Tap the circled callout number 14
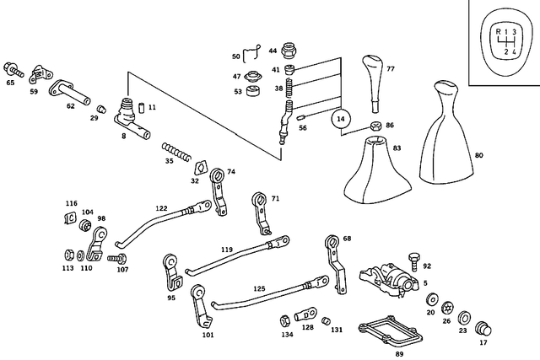click(x=341, y=120)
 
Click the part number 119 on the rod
click(x=227, y=250)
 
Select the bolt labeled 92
click(x=413, y=256)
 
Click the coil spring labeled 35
click(x=177, y=152)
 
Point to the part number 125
click(x=259, y=288)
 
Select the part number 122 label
click(x=161, y=207)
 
